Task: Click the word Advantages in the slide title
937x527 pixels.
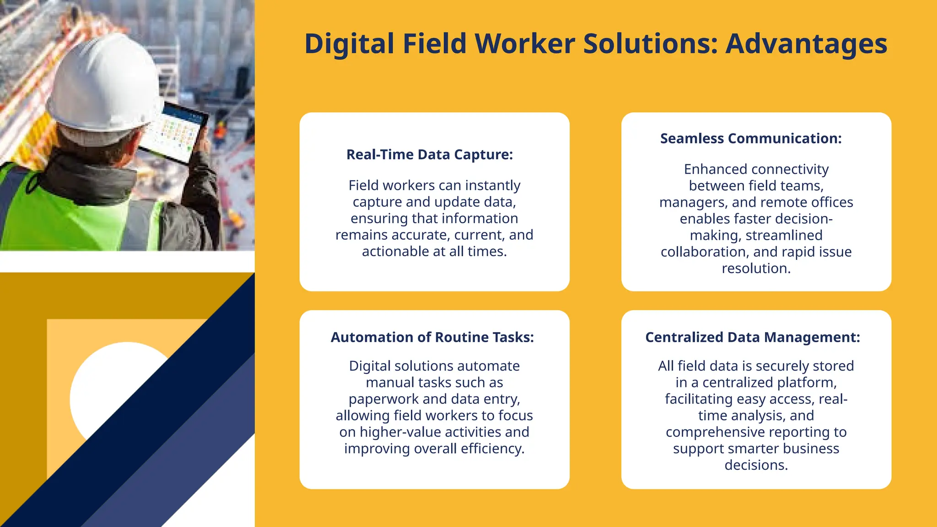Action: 806,44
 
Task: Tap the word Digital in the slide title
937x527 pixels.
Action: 349,44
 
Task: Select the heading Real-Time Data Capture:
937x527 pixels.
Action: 430,155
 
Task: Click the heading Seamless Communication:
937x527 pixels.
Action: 751,138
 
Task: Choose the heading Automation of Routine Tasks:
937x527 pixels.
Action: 432,337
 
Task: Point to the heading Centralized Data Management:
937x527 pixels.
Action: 753,337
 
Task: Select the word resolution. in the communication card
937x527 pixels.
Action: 756,268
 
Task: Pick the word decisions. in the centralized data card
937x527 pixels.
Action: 756,465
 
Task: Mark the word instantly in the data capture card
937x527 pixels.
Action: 492,185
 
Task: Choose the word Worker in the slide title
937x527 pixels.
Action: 524,44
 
